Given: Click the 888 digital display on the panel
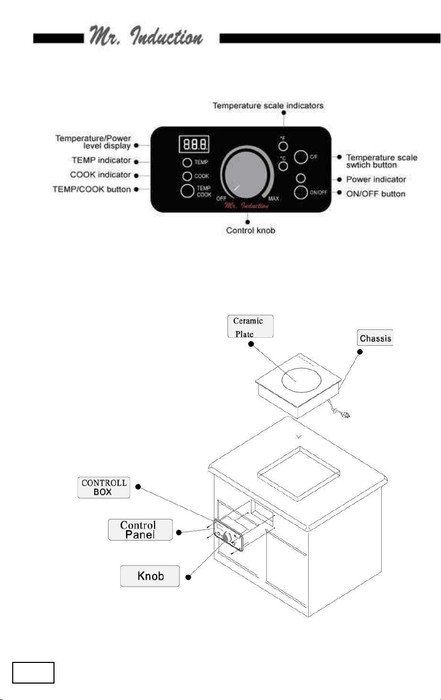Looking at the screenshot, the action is [x=194, y=144].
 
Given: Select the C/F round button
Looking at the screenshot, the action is [x=301, y=157].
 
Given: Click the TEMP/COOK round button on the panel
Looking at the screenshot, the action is [x=187, y=191].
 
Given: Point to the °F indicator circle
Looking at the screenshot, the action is [x=283, y=146].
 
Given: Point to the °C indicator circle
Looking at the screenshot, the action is [x=283, y=166].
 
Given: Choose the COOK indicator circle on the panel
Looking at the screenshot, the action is [x=187, y=176].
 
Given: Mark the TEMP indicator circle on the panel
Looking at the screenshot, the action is [x=187, y=163].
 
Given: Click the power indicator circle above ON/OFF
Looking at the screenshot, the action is [x=301, y=178].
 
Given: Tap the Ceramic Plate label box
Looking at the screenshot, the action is [x=250, y=326].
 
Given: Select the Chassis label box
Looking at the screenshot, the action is [x=375, y=337].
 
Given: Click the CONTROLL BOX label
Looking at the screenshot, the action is [x=104, y=488].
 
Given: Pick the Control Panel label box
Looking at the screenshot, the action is [x=140, y=530].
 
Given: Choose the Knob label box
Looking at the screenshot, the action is [x=150, y=576].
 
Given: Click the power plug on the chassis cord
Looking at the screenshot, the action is [x=345, y=415].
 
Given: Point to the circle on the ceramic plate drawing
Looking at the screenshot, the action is [x=301, y=379].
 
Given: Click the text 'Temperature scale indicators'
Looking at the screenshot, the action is [x=268, y=105].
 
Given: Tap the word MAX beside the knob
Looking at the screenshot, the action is [x=274, y=199].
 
